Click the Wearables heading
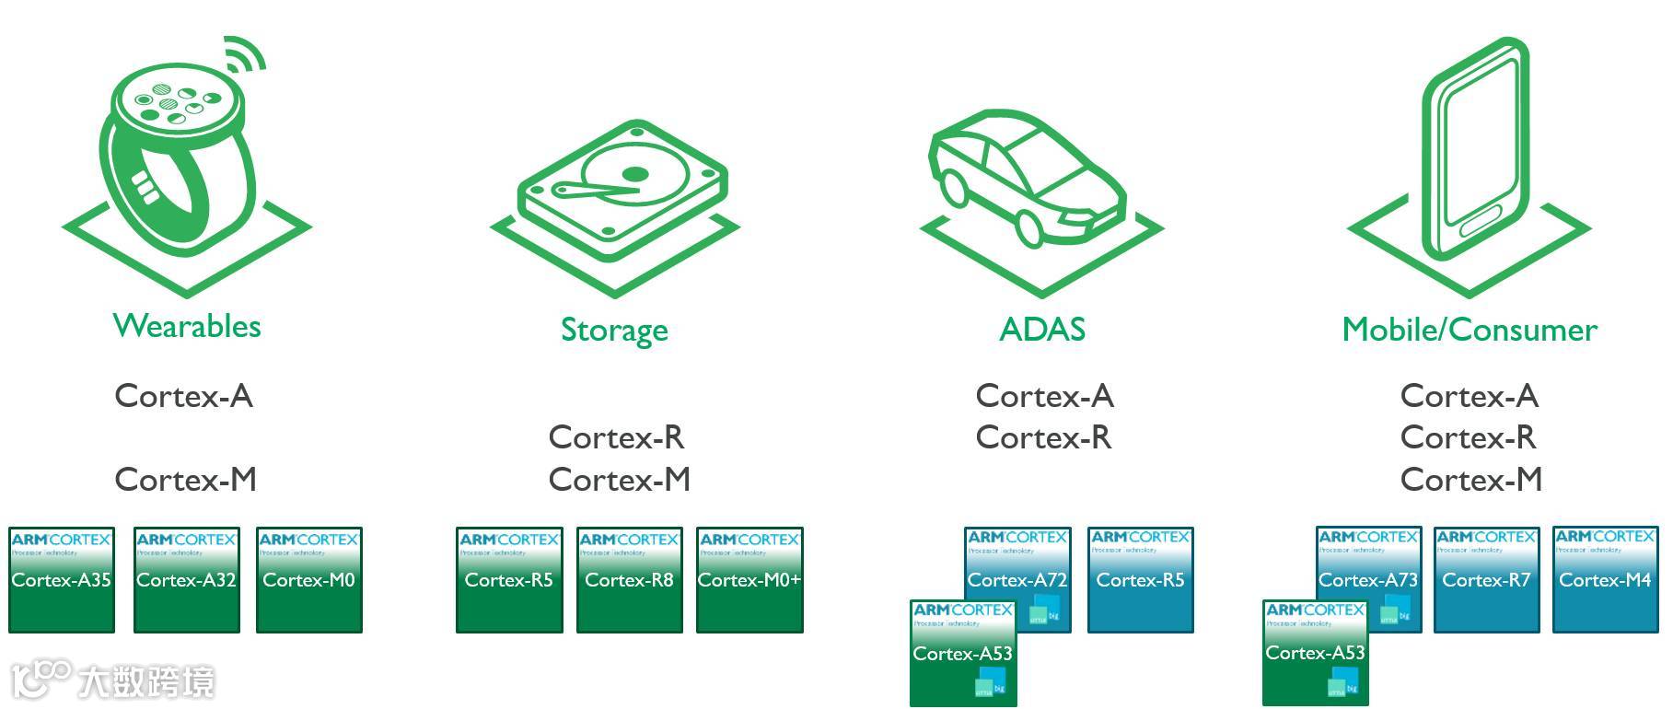point(187,326)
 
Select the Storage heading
point(614,330)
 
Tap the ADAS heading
point(1042,330)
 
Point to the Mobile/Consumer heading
point(1470,330)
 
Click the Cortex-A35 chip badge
point(62,580)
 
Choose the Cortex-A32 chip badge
point(187,580)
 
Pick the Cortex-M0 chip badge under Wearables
point(309,580)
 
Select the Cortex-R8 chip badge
point(630,580)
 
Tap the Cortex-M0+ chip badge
point(749,580)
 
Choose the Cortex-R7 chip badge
point(1486,580)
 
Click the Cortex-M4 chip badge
point(1605,580)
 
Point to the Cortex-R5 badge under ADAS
point(1140,580)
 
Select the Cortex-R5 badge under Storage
point(509,580)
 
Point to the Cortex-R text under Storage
point(616,437)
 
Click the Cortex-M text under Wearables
point(185,480)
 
